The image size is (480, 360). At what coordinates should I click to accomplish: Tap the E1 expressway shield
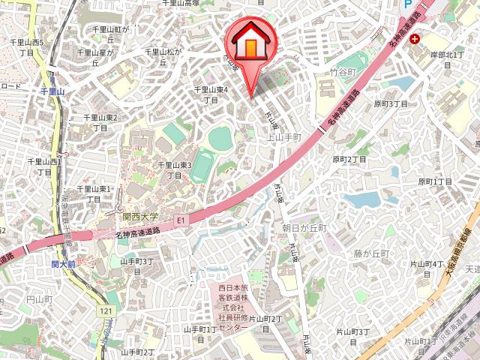pos(181,220)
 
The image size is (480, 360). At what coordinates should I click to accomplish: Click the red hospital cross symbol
pos(415,41)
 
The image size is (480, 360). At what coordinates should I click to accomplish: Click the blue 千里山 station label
pos(52,91)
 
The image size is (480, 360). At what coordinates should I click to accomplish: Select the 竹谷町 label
pos(342,73)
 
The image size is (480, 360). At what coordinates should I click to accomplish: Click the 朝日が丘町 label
pos(304,227)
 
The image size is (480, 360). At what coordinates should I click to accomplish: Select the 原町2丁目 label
pos(349,160)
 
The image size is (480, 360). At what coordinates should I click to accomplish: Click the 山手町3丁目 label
pos(137,265)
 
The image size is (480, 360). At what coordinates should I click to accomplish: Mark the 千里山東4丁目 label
pos(211,94)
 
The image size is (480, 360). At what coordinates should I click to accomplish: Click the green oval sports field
pos(220,138)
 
